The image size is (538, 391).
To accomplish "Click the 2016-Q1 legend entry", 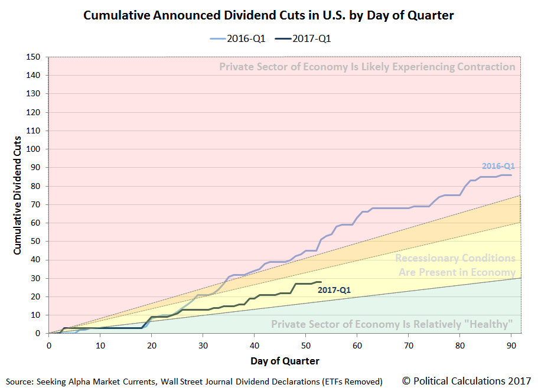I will (237, 39).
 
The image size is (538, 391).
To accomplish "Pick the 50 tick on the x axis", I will (305, 345).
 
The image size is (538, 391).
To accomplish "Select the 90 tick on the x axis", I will (511, 345).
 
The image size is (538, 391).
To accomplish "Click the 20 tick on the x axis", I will (151, 345).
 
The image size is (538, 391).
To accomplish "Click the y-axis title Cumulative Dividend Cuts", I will (18, 195).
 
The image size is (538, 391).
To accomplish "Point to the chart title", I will (269, 15).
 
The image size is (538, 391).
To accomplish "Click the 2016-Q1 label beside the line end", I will (498, 167).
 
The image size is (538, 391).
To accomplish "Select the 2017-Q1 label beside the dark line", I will (334, 290).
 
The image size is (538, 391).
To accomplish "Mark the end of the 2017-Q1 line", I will (321, 282).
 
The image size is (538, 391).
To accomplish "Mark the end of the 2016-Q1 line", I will (511, 175).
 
